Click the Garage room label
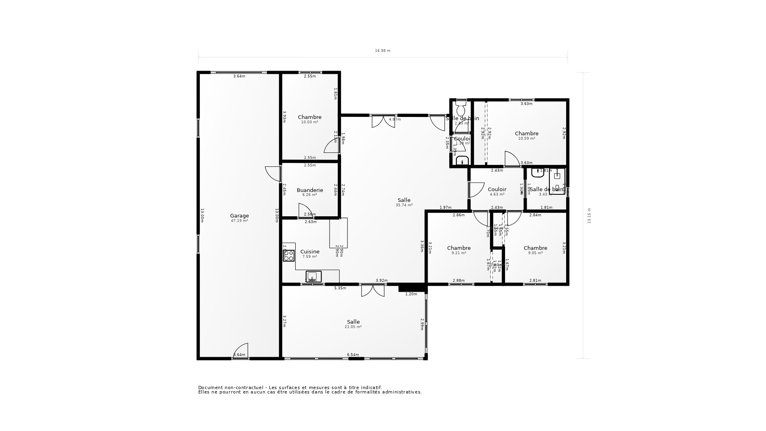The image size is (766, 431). click(239, 216)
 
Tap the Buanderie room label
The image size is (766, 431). click(310, 190)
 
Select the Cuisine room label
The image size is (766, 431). click(310, 252)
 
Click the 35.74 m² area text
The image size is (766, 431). click(404, 205)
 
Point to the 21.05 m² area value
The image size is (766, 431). click(353, 327)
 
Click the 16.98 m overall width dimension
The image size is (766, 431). click(383, 51)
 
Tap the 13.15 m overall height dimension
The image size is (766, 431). click(589, 215)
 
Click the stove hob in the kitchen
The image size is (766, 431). click(289, 255)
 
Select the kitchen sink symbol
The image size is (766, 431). click(313, 276)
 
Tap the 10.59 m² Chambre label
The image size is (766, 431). click(527, 134)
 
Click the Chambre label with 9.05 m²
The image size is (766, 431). click(535, 248)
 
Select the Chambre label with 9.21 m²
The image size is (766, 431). click(459, 248)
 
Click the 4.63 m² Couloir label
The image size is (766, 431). click(497, 190)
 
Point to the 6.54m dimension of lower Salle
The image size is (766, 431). click(353, 355)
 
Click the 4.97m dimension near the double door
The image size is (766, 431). click(395, 119)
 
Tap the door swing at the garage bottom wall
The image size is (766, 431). click(241, 350)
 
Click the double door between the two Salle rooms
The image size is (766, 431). click(373, 291)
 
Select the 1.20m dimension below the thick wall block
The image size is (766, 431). click(411, 294)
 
